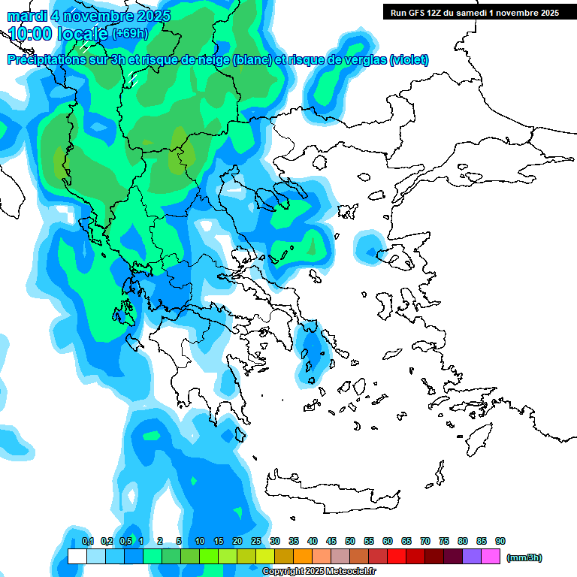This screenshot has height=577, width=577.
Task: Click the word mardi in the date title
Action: coord(28,16)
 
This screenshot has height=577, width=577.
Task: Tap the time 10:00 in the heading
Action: coord(30,34)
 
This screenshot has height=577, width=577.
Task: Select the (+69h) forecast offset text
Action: coord(130,34)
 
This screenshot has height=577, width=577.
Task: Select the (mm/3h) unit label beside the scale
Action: coord(524,557)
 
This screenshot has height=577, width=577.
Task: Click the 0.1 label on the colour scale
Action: coord(87,541)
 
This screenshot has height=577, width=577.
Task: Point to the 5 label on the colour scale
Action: coord(179,541)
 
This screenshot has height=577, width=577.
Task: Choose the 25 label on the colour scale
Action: coord(256,541)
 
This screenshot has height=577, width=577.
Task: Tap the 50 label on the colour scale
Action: coord(350,541)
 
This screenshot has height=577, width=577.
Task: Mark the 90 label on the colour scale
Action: coord(500,541)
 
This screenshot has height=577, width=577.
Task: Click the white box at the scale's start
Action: coord(77,557)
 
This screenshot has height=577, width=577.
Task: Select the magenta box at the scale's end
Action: coord(491,557)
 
